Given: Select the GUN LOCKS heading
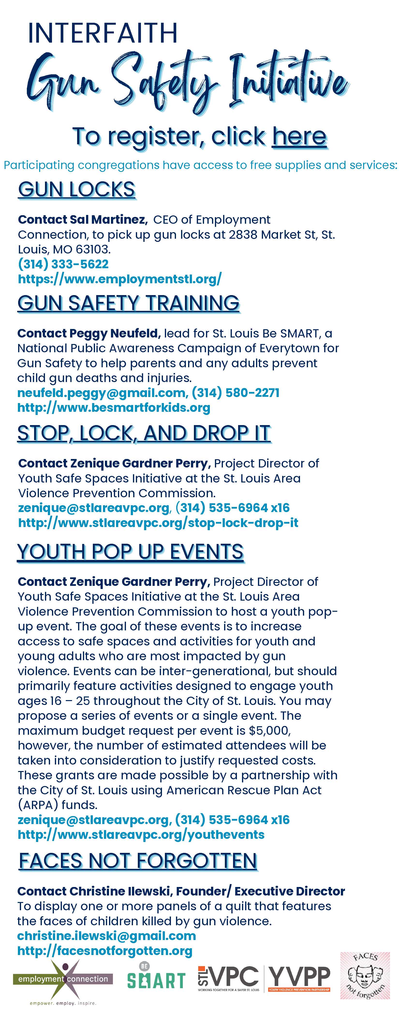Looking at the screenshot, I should pos(77,190).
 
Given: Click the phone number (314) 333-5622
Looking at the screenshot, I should pos(63,264).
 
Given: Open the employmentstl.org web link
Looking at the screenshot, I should pos(120,279).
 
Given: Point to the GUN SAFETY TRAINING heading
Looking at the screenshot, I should pos(128,303).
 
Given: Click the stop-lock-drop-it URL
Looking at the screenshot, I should pos(158,522).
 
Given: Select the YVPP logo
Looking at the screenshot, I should pos(299,978).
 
